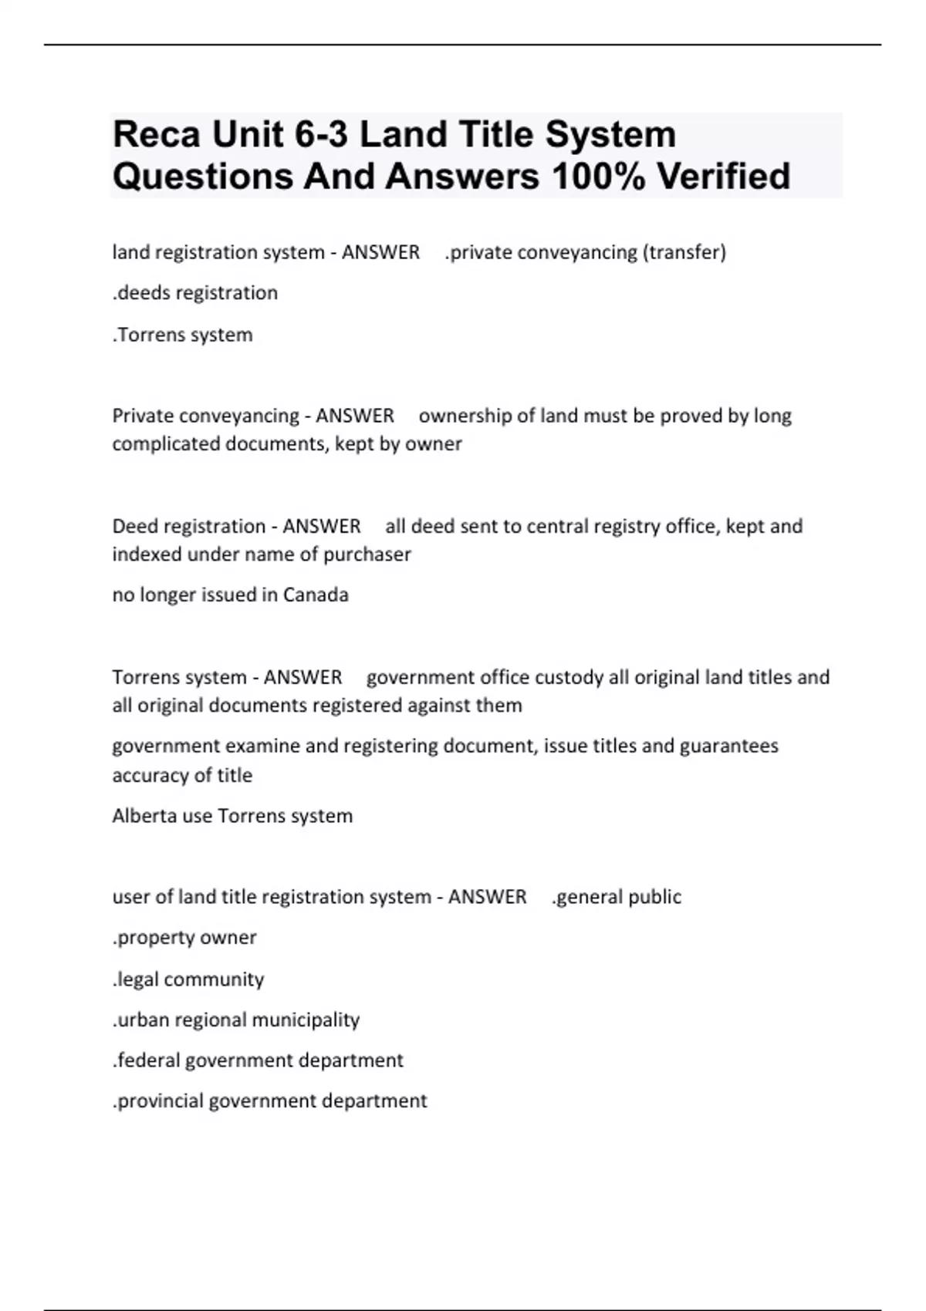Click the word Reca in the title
pos(156,135)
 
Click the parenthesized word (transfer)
pos(684,252)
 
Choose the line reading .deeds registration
pos(195,293)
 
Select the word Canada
pos(316,595)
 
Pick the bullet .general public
pos(617,897)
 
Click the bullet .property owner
pos(184,938)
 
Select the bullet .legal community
pos(188,979)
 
